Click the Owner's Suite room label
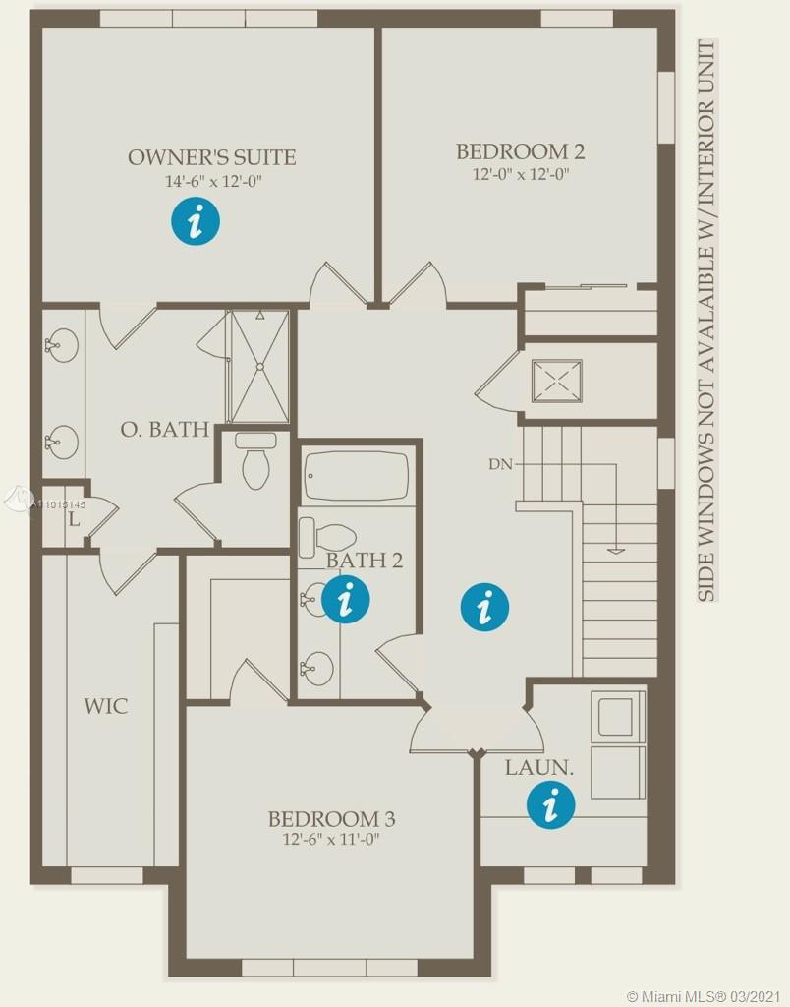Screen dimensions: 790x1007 pyautogui.click(x=212, y=157)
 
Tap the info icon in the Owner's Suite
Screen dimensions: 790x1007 pyautogui.click(x=196, y=221)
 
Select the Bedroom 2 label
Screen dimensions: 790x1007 pyautogui.click(x=521, y=151)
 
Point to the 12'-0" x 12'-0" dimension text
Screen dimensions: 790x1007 pyautogui.click(x=521, y=174)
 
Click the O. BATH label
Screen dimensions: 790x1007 pyautogui.click(x=165, y=429)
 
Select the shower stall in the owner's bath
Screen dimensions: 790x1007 pyautogui.click(x=260, y=366)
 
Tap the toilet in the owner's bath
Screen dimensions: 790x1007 pyautogui.click(x=256, y=460)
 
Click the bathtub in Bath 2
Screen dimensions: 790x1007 pyautogui.click(x=356, y=476)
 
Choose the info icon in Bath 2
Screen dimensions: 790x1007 pyautogui.click(x=345, y=599)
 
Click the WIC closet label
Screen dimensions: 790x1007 pyautogui.click(x=106, y=706)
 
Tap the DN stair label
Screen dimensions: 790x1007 pyautogui.click(x=500, y=464)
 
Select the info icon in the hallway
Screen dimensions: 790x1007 pyautogui.click(x=485, y=607)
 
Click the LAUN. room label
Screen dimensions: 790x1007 pyautogui.click(x=539, y=767)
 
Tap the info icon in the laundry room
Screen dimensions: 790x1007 pyautogui.click(x=550, y=804)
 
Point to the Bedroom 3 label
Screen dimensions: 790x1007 pyautogui.click(x=331, y=819)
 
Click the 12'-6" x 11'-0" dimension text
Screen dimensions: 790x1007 pyautogui.click(x=332, y=840)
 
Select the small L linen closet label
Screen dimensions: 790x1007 pyautogui.click(x=75, y=519)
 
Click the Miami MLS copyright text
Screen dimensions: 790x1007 pyautogui.click(x=704, y=996)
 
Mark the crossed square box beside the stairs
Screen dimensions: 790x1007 pyautogui.click(x=556, y=382)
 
